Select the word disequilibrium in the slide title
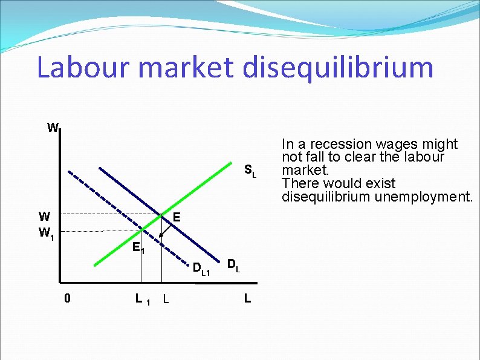[338, 67]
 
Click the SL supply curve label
[250, 171]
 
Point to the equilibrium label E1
[138, 247]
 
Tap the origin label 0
[68, 298]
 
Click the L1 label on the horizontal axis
[143, 298]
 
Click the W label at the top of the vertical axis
[53, 128]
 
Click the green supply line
[193, 194]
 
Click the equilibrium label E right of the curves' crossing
[177, 217]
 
